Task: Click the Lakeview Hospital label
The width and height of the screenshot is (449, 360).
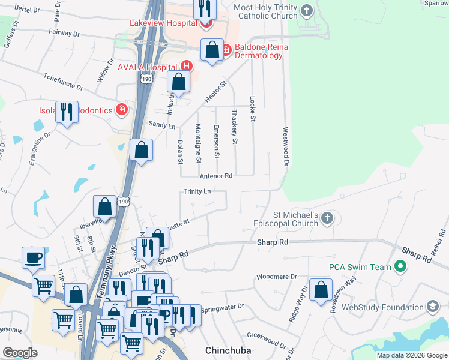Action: pyautogui.click(x=163, y=23)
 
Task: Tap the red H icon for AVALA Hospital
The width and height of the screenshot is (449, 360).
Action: pyautogui.click(x=187, y=66)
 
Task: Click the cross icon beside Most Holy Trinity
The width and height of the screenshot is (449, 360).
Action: pyautogui.click(x=307, y=10)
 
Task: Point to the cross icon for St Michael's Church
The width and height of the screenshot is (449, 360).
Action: pyautogui.click(x=327, y=218)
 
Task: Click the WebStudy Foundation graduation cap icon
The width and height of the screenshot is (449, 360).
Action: pyautogui.click(x=432, y=307)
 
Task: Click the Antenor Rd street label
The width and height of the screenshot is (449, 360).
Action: pyautogui.click(x=216, y=176)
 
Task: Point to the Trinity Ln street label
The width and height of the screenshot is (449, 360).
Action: pyautogui.click(x=197, y=191)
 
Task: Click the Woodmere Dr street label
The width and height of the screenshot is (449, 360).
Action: pyautogui.click(x=276, y=277)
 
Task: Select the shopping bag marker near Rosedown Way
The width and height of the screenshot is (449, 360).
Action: pyautogui.click(x=321, y=290)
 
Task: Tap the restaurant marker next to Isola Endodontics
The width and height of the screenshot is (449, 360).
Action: pyautogui.click(x=67, y=112)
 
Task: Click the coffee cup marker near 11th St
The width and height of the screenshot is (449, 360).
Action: pyautogui.click(x=34, y=258)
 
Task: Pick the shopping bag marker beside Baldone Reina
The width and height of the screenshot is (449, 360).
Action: pyautogui.click(x=212, y=51)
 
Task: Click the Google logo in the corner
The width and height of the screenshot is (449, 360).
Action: pyautogui.click(x=20, y=352)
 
